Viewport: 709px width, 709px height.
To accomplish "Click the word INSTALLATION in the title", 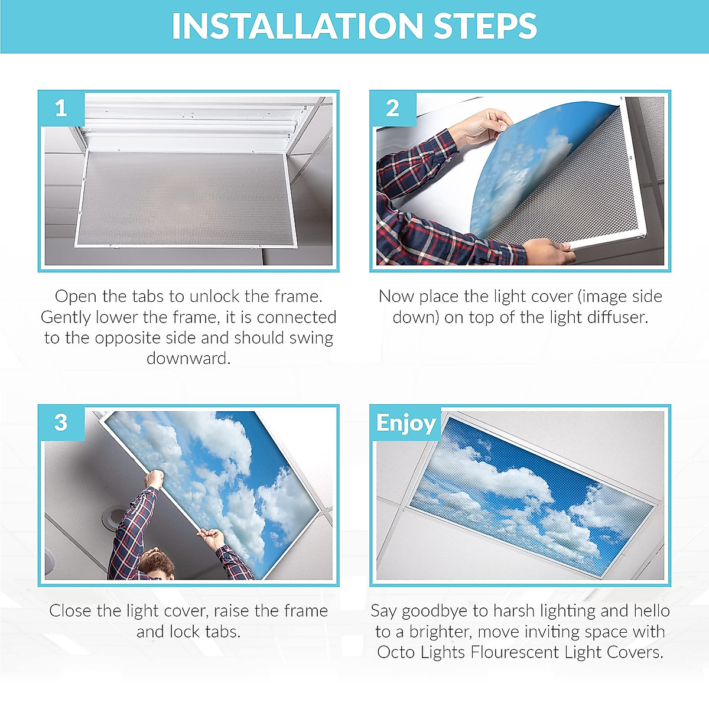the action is tap(297, 26).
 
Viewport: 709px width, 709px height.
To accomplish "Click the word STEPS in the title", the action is tap(485, 26).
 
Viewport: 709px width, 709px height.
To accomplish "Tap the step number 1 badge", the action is tap(61, 108).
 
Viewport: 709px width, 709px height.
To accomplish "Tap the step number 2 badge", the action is tap(392, 108).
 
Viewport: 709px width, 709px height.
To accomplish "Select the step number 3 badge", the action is tap(61, 423).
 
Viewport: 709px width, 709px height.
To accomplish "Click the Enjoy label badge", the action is tap(405, 423).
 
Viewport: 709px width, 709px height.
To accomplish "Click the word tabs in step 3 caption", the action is tap(223, 632).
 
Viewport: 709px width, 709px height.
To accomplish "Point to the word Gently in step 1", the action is tap(66, 318).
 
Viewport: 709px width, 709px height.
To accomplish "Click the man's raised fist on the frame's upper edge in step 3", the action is tap(154, 479).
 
